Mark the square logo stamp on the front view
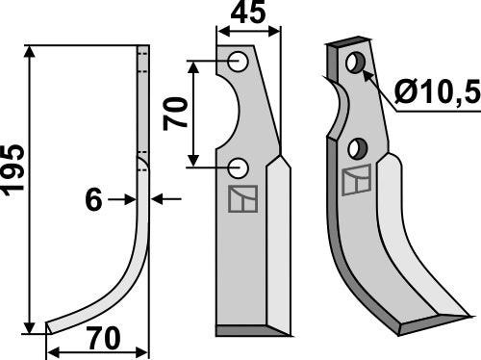240,198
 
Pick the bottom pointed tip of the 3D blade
468,311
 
